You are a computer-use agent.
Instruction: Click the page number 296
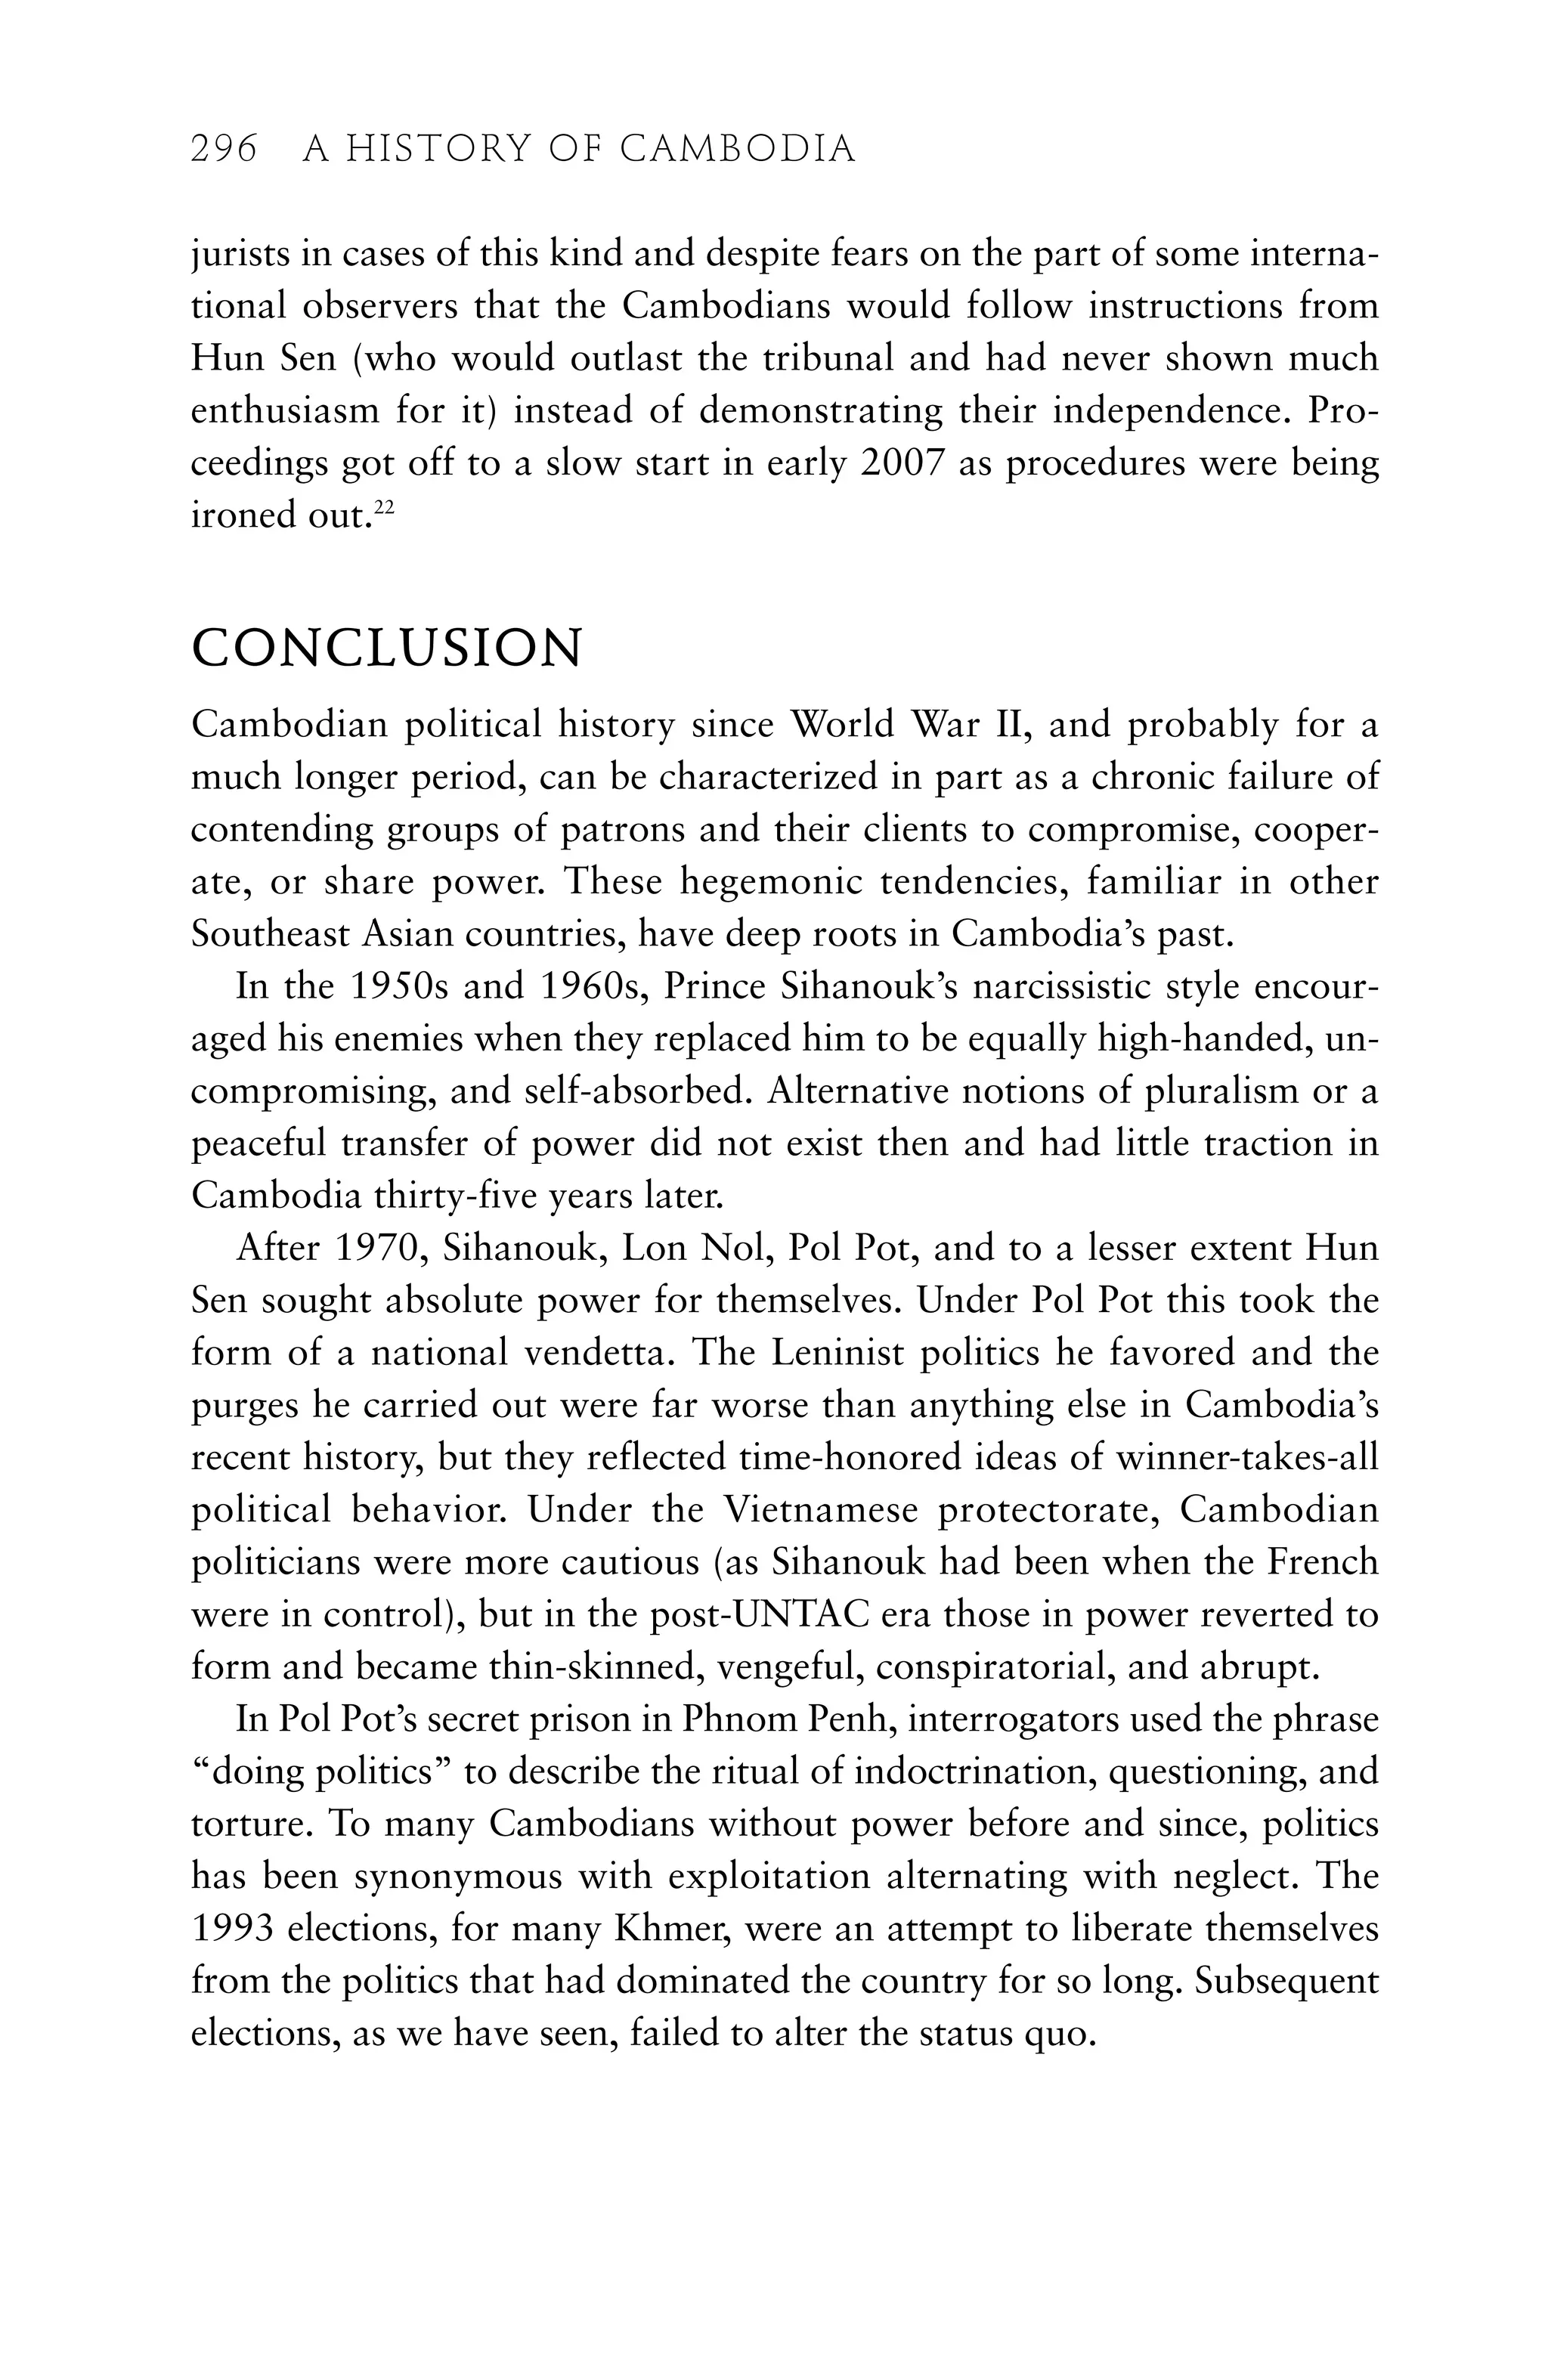tap(224, 150)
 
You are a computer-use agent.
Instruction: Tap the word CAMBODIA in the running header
tap(738, 150)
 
